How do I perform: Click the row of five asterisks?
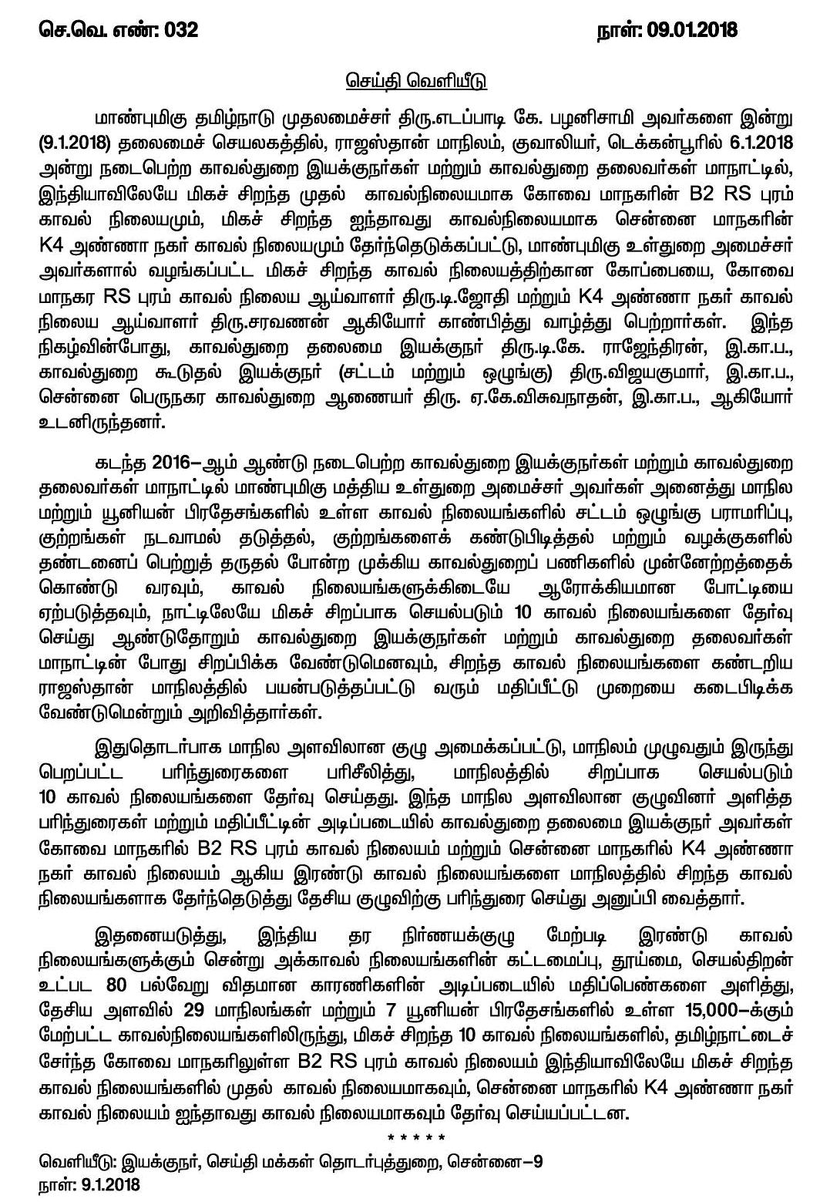coord(415,1137)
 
